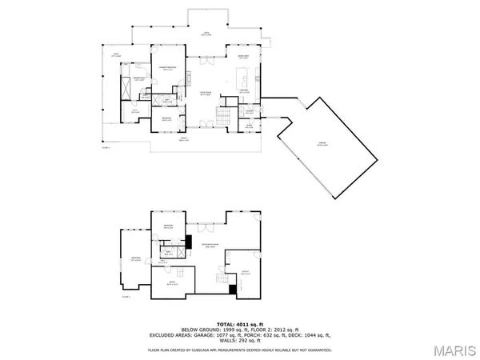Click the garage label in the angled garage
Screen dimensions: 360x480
point(321,143)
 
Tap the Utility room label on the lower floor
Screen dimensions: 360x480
point(246,272)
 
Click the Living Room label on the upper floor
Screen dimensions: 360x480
point(205,93)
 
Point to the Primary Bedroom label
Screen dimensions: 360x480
point(166,68)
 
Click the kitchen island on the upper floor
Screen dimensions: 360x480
point(239,78)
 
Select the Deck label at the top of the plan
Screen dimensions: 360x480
point(206,34)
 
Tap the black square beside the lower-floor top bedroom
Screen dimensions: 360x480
point(191,241)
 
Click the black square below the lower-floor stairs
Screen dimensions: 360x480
point(233,289)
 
